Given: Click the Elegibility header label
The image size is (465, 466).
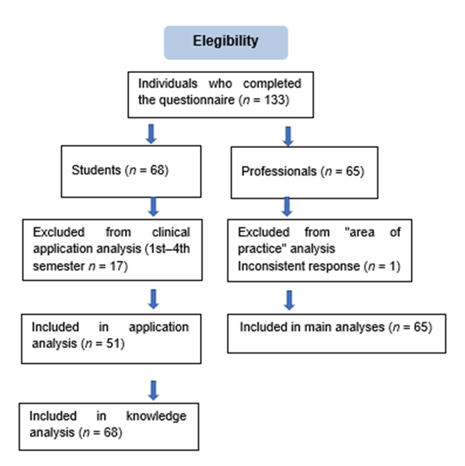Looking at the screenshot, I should [226, 41].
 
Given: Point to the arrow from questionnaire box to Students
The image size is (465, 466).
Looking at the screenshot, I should [151, 134].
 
